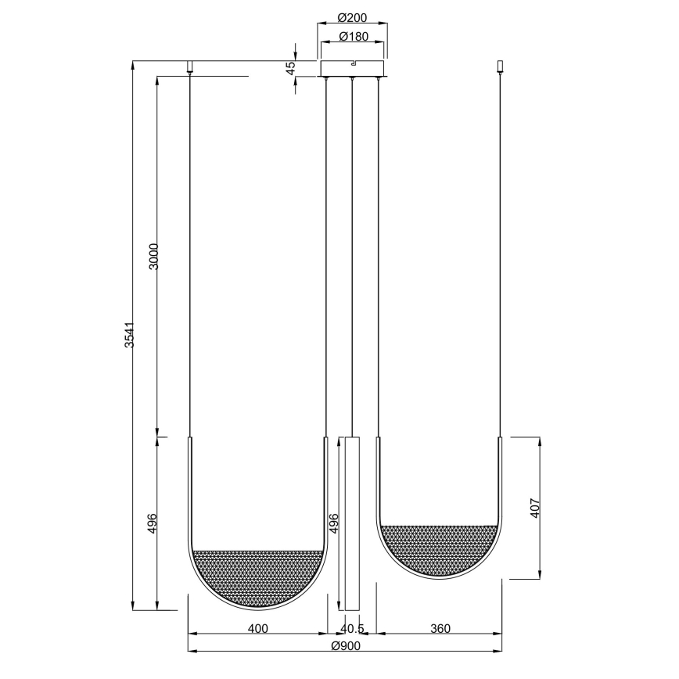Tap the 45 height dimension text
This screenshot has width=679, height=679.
291,68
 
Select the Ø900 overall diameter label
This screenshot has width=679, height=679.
345,646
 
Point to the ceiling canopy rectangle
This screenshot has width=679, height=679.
352,68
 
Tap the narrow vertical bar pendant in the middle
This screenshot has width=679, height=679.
352,524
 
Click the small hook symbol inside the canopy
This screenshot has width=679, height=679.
354,63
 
